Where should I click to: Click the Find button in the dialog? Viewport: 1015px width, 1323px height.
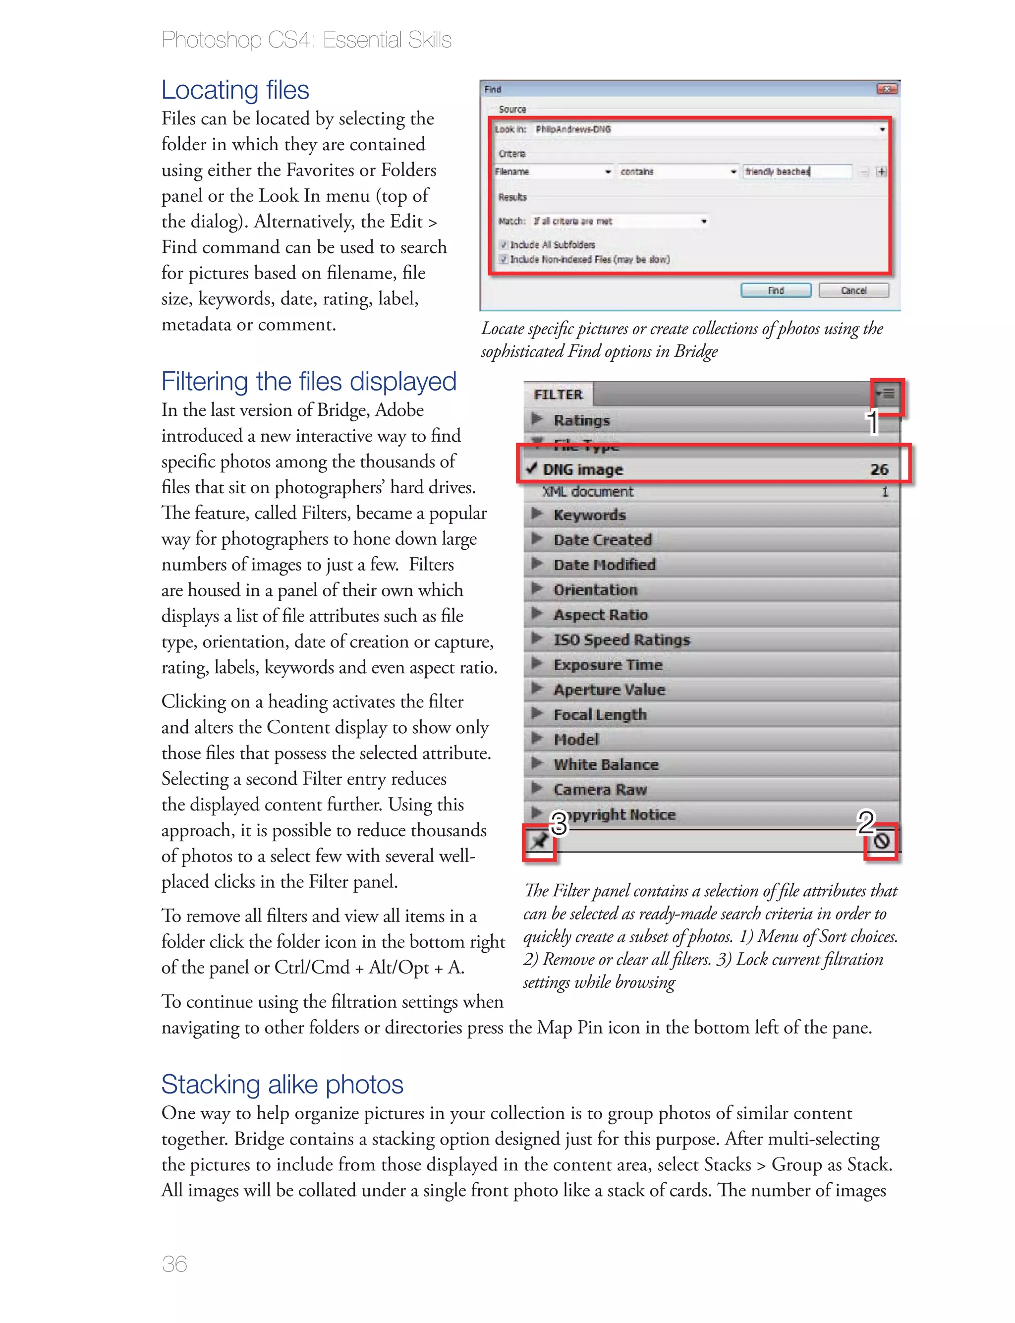click(x=776, y=290)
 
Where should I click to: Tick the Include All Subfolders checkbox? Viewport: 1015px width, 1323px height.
click(x=503, y=245)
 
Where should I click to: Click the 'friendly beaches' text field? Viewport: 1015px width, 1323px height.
click(x=796, y=172)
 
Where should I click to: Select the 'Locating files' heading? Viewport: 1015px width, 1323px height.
click(x=235, y=90)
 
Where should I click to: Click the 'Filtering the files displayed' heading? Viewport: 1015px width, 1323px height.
click(x=309, y=381)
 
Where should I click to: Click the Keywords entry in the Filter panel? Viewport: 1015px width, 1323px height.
click(x=589, y=515)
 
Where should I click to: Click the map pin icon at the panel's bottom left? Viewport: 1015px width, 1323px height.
click(x=538, y=840)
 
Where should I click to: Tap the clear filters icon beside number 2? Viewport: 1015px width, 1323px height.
click(x=882, y=840)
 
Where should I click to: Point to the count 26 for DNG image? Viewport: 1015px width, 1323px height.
click(x=879, y=469)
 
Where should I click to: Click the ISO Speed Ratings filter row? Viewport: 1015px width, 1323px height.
click(x=621, y=640)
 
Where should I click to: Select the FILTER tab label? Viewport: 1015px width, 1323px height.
click(x=558, y=395)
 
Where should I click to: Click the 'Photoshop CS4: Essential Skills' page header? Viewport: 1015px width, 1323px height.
click(x=306, y=40)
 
